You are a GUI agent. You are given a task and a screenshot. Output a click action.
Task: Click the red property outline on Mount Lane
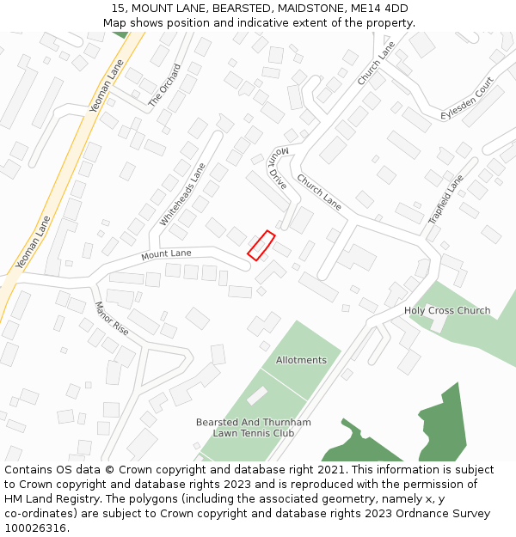click(x=261, y=245)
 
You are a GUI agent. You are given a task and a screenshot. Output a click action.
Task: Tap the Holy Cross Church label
click(x=447, y=310)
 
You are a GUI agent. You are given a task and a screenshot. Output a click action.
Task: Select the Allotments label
click(x=301, y=360)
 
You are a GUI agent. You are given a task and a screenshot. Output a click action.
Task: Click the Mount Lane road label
click(x=167, y=254)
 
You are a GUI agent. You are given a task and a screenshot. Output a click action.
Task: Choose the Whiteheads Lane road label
click(x=182, y=195)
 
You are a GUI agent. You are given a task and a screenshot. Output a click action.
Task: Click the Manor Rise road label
click(x=111, y=319)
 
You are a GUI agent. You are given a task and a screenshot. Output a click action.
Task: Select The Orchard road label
click(x=164, y=84)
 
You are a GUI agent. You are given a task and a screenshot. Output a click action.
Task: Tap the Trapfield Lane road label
click(x=445, y=199)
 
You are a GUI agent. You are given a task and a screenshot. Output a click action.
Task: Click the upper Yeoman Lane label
click(x=107, y=86)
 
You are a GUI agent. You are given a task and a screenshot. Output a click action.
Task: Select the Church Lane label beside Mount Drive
click(x=319, y=192)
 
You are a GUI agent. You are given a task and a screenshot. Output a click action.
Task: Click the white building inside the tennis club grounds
click(x=256, y=396)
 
